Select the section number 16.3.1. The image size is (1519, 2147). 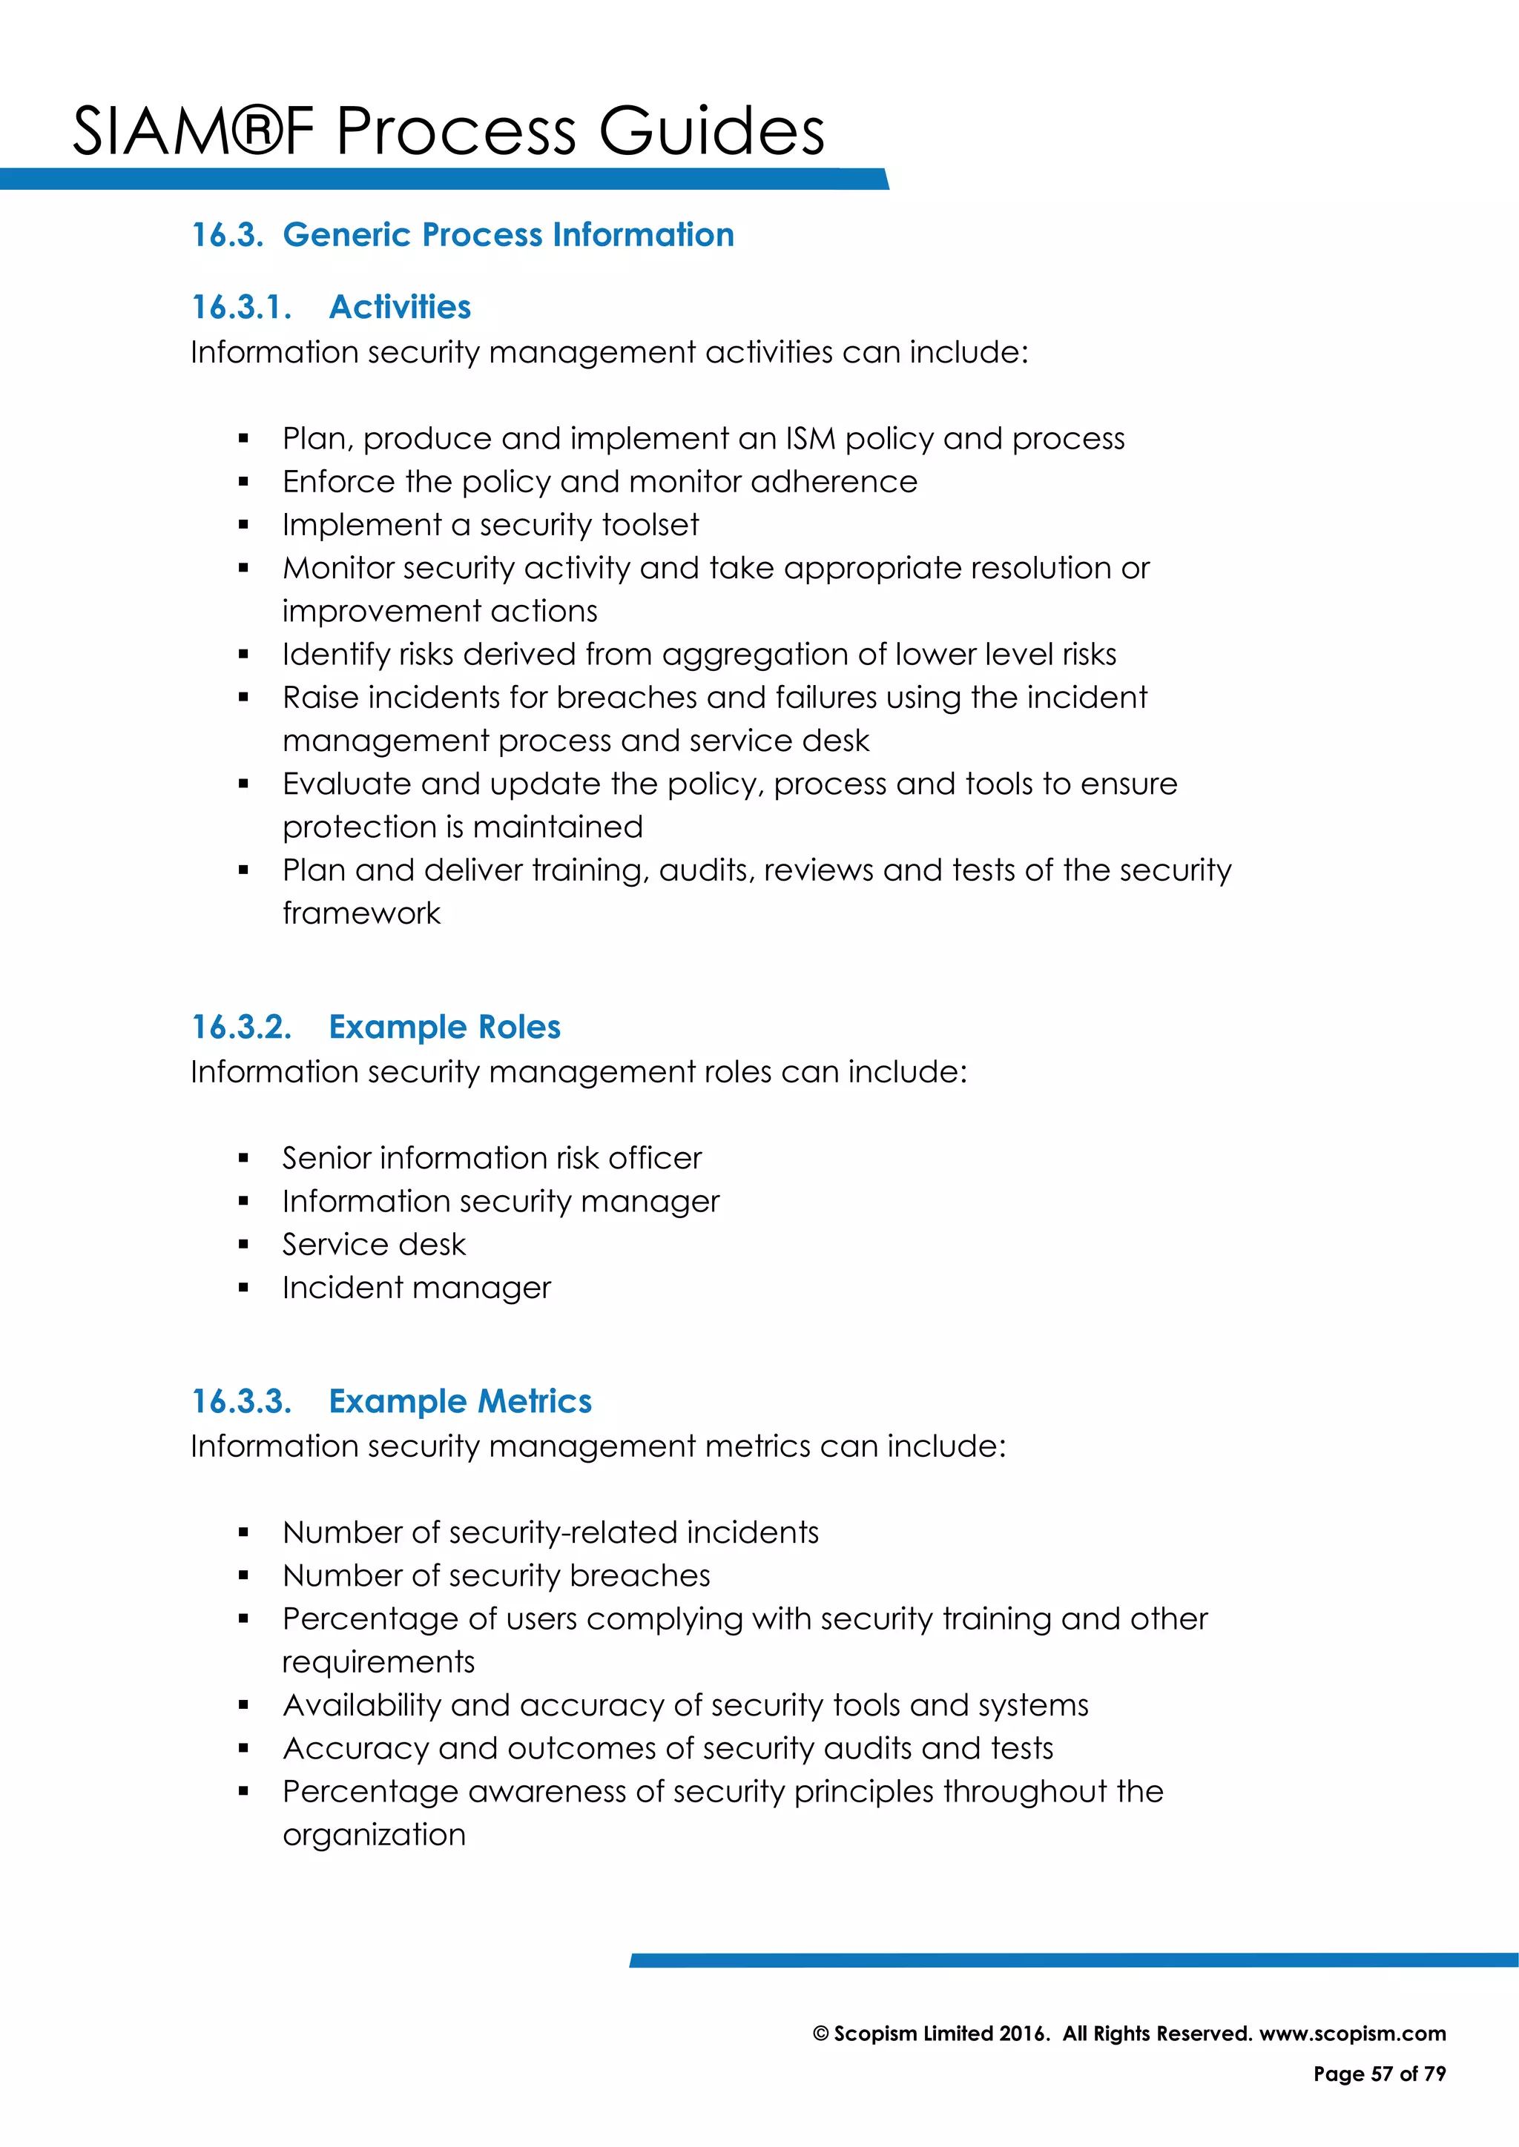pos(241,307)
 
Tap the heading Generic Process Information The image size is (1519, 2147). pos(508,235)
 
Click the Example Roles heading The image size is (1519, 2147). pos(444,1027)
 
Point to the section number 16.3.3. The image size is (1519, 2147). pos(241,1400)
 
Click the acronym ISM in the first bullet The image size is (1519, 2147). pos(810,439)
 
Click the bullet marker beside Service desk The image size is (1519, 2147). pos(243,1245)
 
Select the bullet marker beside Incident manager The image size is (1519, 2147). pos(243,1288)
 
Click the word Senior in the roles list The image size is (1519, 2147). pos(326,1158)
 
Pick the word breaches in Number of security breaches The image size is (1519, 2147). pos(640,1575)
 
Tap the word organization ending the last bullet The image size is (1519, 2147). pos(373,1835)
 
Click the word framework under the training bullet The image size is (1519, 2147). pos(361,913)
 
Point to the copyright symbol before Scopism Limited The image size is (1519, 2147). pos(820,2034)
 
